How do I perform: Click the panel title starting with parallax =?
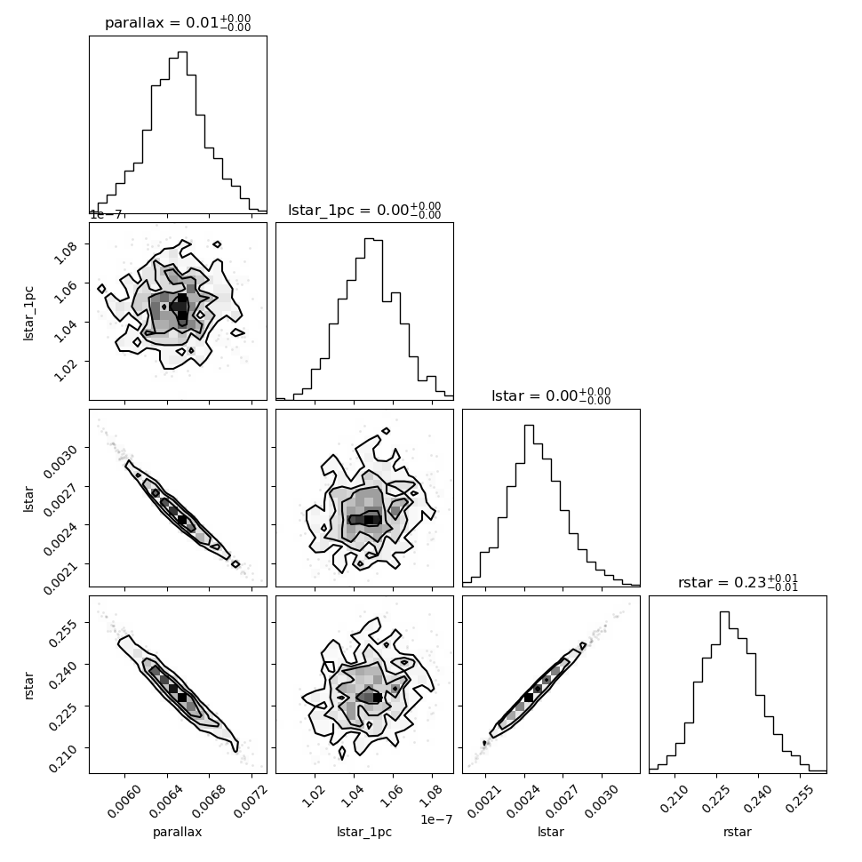(178, 23)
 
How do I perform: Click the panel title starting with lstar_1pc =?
(364, 210)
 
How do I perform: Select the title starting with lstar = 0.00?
(551, 395)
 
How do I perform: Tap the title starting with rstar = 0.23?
(738, 582)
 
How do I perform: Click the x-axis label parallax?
(178, 832)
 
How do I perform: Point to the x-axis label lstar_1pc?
(364, 832)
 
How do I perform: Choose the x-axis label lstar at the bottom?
(551, 832)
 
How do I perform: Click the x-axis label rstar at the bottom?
(738, 832)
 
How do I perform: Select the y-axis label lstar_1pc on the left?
(28, 314)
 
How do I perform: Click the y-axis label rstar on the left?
(28, 685)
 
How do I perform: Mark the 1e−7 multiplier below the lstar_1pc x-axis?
(436, 819)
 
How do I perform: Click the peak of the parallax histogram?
(182, 52)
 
